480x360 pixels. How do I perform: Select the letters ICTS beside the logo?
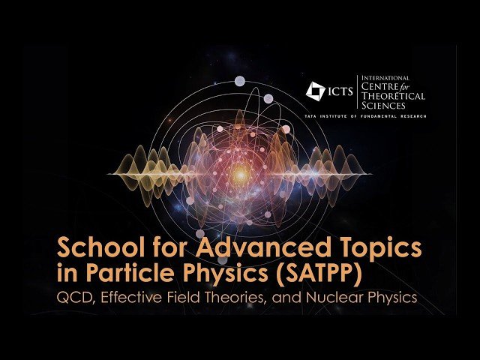tap(343, 91)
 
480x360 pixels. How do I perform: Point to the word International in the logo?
tap(386, 78)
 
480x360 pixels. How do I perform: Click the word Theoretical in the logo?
tap(393, 96)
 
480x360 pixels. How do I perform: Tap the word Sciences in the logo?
tap(382, 106)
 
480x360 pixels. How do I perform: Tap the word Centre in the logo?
tap(380, 87)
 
